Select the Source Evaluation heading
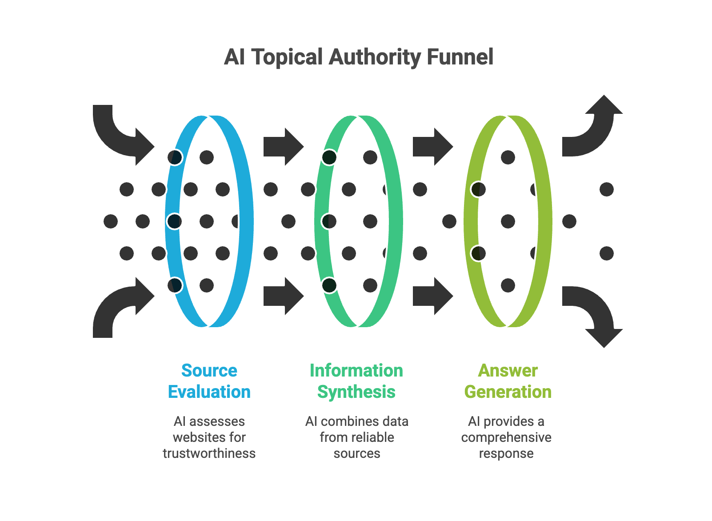pos(209,381)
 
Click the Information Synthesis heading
pos(356,381)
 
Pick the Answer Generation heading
pos(508,381)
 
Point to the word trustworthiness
pos(209,453)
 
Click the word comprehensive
pos(506,437)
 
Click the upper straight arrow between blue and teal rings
pos(283,147)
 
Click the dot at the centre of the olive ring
pos(508,221)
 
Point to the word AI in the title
pos(234,57)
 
